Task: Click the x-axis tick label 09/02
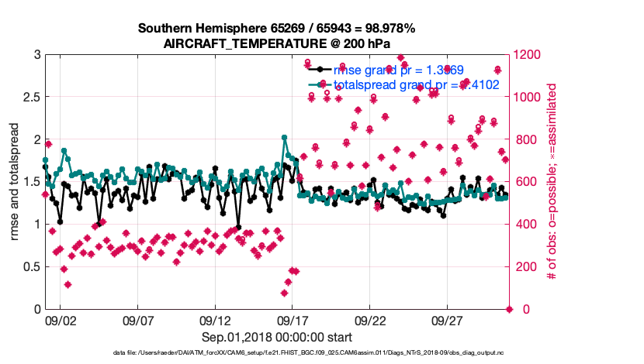point(60,320)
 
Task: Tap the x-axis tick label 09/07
point(137,320)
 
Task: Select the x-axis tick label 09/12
point(215,320)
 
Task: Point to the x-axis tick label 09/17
point(293,320)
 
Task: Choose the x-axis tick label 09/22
point(370,320)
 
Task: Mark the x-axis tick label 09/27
point(448,320)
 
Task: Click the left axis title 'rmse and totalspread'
point(15,182)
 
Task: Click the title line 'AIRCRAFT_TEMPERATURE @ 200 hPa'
point(277,43)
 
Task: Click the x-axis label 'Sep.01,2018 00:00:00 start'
point(277,337)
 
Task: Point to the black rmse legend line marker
point(317,70)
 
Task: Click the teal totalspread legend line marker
point(317,84)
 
